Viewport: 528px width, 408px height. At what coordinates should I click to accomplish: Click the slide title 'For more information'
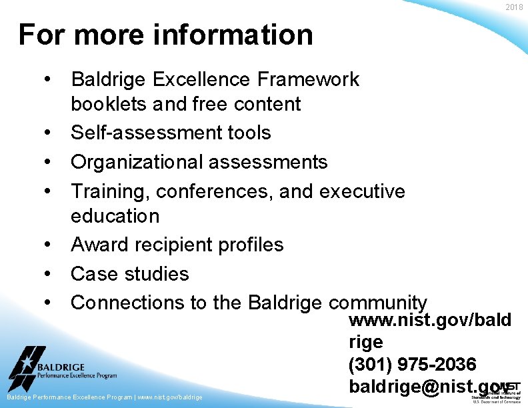point(165,35)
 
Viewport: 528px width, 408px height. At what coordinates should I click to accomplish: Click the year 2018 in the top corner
point(514,7)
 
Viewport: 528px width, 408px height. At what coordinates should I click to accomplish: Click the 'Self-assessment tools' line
point(171,132)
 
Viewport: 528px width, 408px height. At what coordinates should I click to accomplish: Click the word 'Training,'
point(110,191)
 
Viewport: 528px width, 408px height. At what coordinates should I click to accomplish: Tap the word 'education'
point(115,216)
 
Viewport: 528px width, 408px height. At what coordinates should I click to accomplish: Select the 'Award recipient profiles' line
point(177,245)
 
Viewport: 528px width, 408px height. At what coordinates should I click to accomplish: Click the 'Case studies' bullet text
point(129,273)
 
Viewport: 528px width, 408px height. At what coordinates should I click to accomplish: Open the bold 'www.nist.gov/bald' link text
point(430,321)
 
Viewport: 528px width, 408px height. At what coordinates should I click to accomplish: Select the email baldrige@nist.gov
point(427,386)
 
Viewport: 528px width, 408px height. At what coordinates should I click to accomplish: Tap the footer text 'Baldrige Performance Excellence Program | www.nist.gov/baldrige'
point(104,397)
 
